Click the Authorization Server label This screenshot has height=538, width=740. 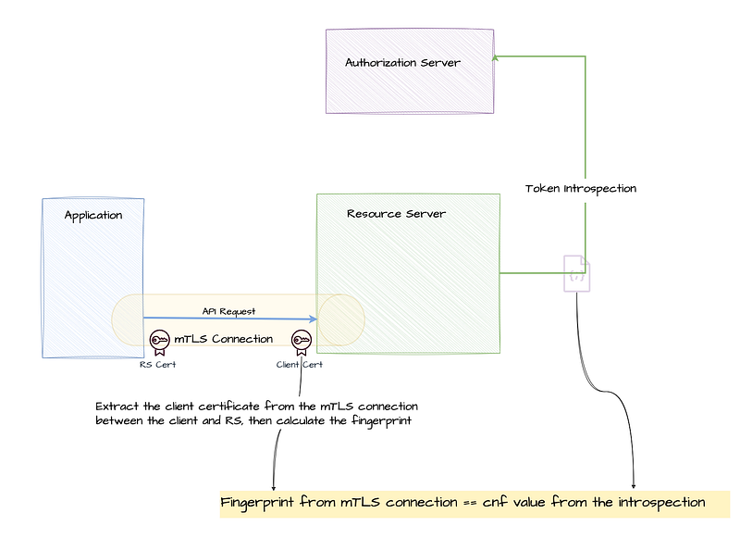click(x=402, y=63)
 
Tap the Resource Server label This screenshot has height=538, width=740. click(x=396, y=214)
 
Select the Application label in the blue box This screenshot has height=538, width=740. click(x=92, y=216)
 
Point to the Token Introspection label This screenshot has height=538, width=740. click(x=581, y=188)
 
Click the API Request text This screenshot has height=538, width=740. click(x=228, y=311)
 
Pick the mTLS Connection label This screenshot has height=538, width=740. click(x=224, y=339)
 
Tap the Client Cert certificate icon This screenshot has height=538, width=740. click(x=300, y=342)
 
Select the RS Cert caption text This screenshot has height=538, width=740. click(x=157, y=364)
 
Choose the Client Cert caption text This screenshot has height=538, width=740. click(x=300, y=364)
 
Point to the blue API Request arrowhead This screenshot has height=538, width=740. click(x=314, y=319)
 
